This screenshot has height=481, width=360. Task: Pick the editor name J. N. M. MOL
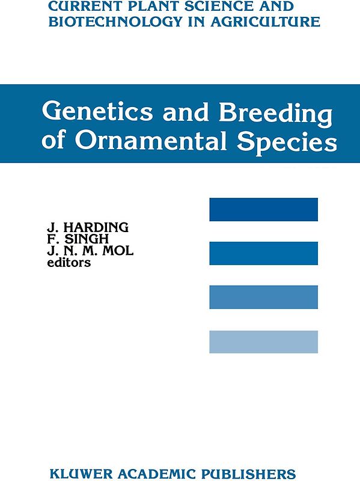pyautogui.click(x=90, y=251)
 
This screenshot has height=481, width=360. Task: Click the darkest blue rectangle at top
pyautogui.click(x=263, y=209)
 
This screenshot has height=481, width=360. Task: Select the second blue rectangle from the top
pyautogui.click(x=263, y=253)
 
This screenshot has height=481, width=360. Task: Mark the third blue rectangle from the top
pyautogui.click(x=263, y=297)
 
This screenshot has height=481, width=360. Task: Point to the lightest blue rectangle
pyautogui.click(x=263, y=342)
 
